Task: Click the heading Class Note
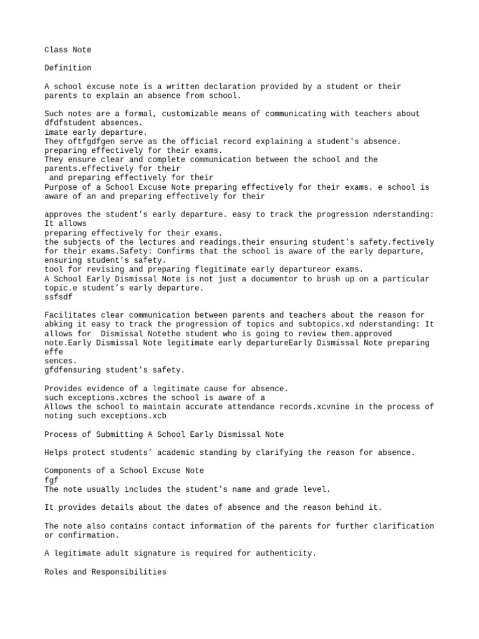(x=68, y=50)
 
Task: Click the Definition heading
(x=68, y=68)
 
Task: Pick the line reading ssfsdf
(x=59, y=297)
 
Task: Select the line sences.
(x=61, y=361)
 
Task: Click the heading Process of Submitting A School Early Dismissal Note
(x=164, y=434)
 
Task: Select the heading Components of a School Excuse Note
(x=124, y=471)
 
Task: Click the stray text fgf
(x=51, y=480)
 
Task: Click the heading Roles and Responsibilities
(x=105, y=572)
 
